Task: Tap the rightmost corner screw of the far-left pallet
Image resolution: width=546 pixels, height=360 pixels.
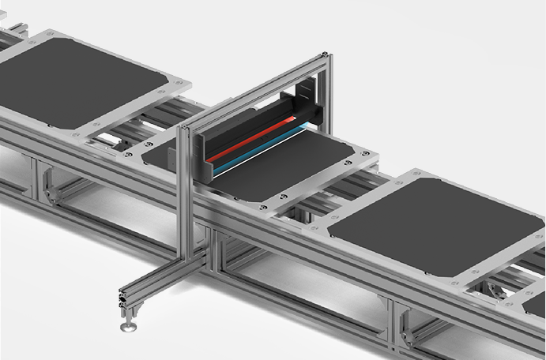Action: tap(183, 81)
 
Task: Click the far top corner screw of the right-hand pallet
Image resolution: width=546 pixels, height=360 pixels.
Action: tap(414, 173)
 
